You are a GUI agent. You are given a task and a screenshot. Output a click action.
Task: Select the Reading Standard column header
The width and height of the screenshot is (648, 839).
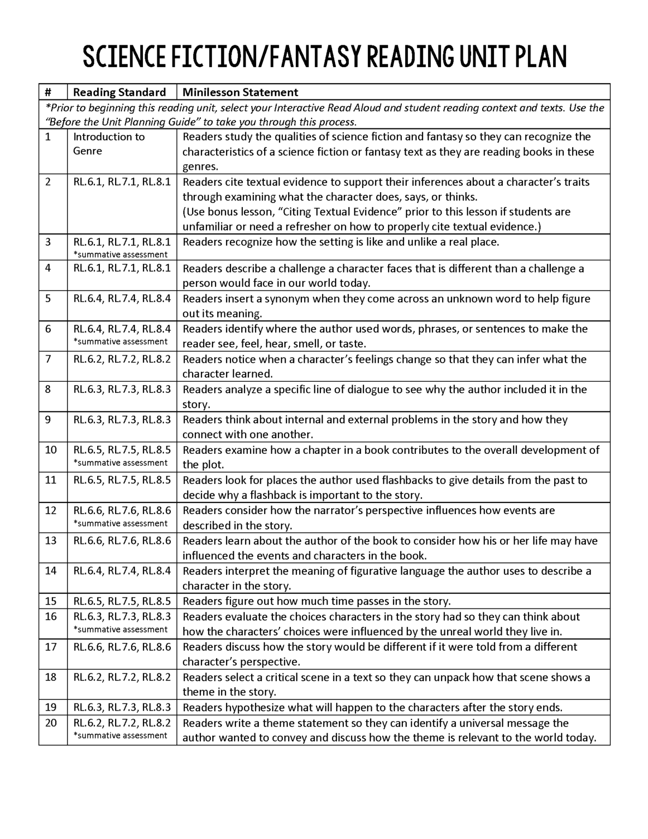click(119, 92)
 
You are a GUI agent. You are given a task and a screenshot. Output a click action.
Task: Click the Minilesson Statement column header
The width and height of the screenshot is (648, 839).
click(240, 92)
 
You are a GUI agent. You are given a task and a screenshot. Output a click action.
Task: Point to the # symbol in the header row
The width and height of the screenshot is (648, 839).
click(48, 92)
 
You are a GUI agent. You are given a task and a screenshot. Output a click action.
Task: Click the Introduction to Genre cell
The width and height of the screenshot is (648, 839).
click(109, 144)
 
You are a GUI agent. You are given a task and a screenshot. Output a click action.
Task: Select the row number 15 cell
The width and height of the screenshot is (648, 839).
click(51, 601)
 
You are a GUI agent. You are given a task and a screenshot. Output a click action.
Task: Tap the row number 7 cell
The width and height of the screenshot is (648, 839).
click(48, 359)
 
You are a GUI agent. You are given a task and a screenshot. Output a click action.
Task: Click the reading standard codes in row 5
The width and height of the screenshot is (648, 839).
click(122, 298)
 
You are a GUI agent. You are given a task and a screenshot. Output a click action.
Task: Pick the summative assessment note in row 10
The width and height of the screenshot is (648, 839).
click(121, 463)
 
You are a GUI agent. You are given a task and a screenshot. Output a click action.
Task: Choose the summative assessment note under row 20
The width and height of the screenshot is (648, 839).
click(121, 735)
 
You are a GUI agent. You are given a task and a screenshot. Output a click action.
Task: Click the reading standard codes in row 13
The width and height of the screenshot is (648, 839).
click(122, 541)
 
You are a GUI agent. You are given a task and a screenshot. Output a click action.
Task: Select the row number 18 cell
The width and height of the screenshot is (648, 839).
click(51, 677)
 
